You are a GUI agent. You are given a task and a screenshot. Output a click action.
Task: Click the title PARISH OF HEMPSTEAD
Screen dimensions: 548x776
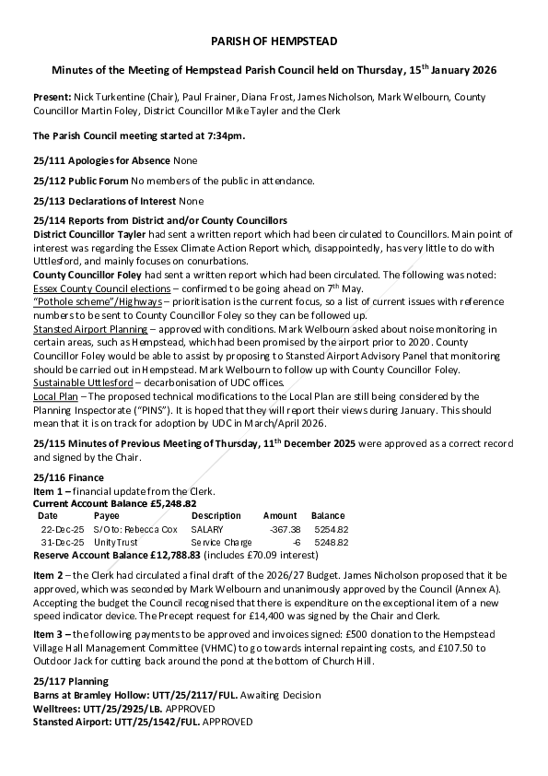coord(274,41)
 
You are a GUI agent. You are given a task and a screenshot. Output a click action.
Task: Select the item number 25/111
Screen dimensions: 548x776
coord(51,160)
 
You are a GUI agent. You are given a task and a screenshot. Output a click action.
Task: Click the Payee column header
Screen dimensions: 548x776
coord(106,516)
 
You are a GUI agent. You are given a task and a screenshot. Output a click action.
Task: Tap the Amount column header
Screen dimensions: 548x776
coord(280,516)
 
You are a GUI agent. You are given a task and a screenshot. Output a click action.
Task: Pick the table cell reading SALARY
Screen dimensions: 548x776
coord(207,530)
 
